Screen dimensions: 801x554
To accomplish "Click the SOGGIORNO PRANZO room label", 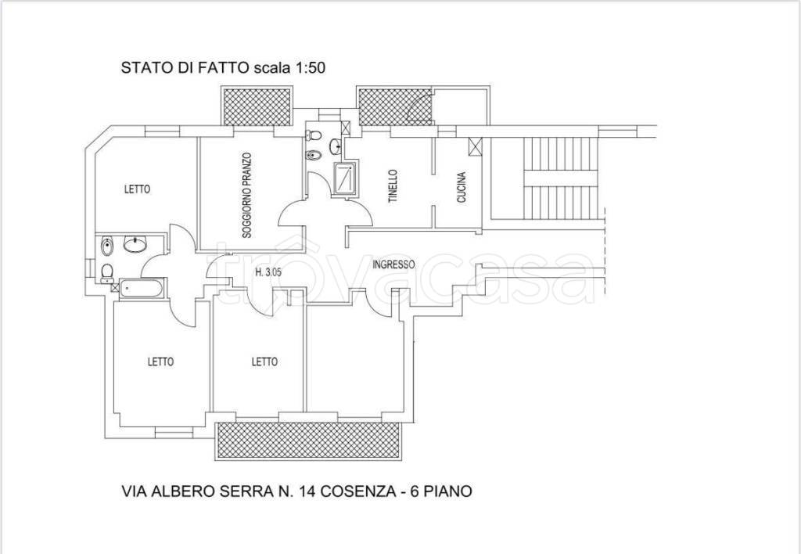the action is (x=246, y=195).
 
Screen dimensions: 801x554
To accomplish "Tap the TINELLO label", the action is (x=393, y=186).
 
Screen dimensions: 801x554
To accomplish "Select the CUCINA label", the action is (x=462, y=188).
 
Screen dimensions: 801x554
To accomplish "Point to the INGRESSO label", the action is (x=393, y=264).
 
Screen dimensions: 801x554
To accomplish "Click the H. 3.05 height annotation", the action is (x=268, y=273).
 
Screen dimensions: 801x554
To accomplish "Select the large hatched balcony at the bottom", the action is (x=308, y=441).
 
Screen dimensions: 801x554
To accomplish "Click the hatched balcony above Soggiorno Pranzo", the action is (x=257, y=106).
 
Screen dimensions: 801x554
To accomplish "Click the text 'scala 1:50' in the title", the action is (x=289, y=68).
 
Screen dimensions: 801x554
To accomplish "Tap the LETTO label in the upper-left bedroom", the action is (x=138, y=189).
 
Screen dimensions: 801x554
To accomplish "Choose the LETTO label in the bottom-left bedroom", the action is (x=161, y=362).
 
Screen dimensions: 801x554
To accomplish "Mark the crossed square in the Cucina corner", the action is (x=475, y=146).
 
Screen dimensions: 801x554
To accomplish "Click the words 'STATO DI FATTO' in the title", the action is (x=185, y=68).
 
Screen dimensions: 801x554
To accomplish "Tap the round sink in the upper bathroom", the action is (x=336, y=146).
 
